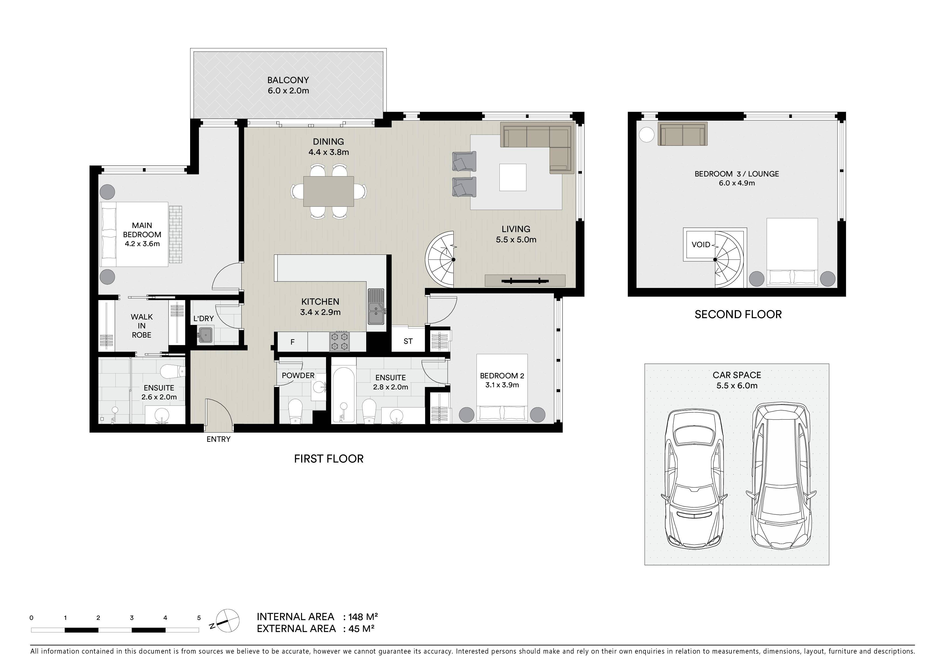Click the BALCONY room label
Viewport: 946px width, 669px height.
pos(288,80)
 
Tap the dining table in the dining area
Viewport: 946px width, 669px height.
pos(328,191)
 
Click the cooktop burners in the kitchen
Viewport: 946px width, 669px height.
pos(340,342)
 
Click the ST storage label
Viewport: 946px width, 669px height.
pos(408,341)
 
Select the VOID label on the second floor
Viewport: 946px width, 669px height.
pos(701,245)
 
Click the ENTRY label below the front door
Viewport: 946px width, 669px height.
pos(218,439)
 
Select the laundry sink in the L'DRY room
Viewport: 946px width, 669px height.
pos(205,335)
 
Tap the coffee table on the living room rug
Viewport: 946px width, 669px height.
pos(513,177)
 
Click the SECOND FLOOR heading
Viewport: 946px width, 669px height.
pos(738,314)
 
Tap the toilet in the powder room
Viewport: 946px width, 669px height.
pos(296,411)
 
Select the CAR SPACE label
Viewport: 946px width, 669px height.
pos(737,375)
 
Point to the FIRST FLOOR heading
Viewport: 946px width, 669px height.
pos(329,459)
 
